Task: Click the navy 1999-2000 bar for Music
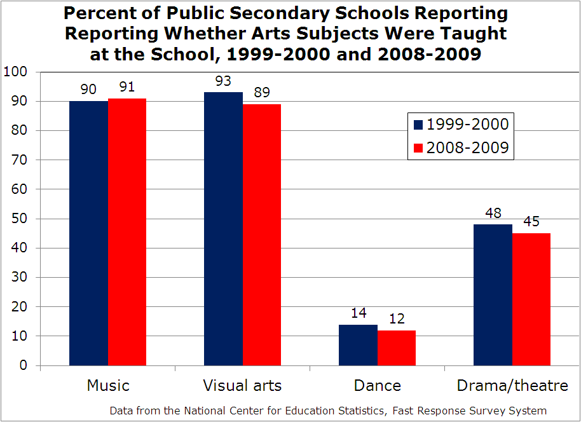pyautogui.click(x=88, y=233)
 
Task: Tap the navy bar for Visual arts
pyautogui.click(x=223, y=229)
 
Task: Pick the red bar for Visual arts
pyautogui.click(x=262, y=235)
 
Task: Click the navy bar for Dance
pyautogui.click(x=358, y=345)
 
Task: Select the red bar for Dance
pyautogui.click(x=397, y=348)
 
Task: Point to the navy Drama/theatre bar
pyautogui.click(x=493, y=295)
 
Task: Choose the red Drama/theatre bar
pyautogui.click(x=531, y=299)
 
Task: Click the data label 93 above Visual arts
pyautogui.click(x=223, y=81)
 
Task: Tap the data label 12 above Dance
pyautogui.click(x=397, y=319)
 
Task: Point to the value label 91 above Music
pyautogui.click(x=127, y=87)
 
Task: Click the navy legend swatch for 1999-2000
pyautogui.click(x=418, y=124)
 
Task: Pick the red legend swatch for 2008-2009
pyautogui.click(x=418, y=148)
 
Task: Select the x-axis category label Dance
pyautogui.click(x=378, y=386)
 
